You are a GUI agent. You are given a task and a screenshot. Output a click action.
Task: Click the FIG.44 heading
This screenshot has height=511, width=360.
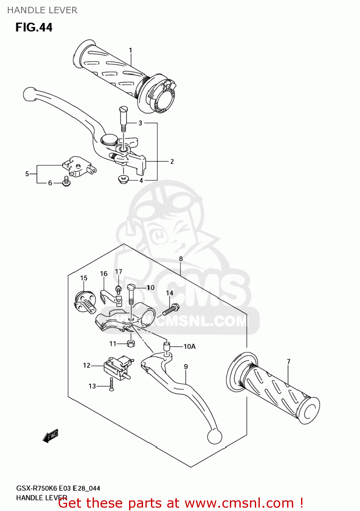point(34,27)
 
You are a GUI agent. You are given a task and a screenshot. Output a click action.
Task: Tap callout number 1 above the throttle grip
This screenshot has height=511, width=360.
point(130,50)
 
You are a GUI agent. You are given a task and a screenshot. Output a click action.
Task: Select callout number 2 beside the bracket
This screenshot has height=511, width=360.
point(172,161)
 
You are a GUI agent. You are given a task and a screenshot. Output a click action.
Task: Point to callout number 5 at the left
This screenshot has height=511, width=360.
point(27,174)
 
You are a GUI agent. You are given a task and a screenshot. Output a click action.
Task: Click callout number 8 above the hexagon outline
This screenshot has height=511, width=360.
point(181,259)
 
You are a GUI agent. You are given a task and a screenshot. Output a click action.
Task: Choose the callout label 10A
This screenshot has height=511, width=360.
point(189,346)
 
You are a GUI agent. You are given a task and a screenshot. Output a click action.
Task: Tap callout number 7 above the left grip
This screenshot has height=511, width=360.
point(288,361)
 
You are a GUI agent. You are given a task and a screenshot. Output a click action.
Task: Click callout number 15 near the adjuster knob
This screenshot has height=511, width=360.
point(84,278)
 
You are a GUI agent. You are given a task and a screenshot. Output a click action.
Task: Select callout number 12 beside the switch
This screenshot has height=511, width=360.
point(87,365)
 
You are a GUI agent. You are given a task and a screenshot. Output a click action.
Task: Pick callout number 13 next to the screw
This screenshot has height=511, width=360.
point(92,386)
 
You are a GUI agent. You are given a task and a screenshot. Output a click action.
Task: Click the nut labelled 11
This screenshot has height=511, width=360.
point(131,343)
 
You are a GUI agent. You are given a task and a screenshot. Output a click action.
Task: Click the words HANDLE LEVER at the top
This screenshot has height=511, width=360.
point(42,10)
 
